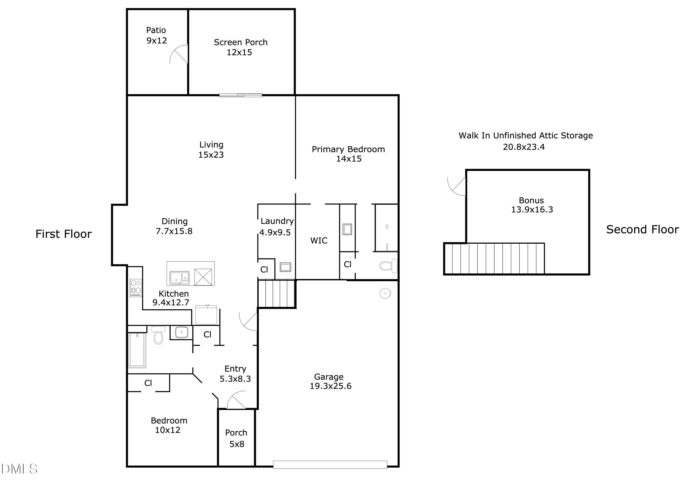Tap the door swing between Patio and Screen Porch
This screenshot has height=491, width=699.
(179, 55)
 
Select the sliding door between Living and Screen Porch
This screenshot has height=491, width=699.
(240, 95)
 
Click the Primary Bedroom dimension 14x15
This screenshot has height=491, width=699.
(349, 159)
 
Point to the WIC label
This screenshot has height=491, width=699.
(319, 241)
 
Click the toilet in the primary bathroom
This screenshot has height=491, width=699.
(388, 266)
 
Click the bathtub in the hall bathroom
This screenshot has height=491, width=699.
(137, 350)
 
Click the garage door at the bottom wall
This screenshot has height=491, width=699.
(330, 464)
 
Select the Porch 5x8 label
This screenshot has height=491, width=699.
(236, 438)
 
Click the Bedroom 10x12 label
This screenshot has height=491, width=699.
(169, 425)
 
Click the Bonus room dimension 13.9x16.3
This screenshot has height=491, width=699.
(532, 210)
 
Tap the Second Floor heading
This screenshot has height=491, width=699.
(642, 229)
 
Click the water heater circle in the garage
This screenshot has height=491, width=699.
(385, 293)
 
